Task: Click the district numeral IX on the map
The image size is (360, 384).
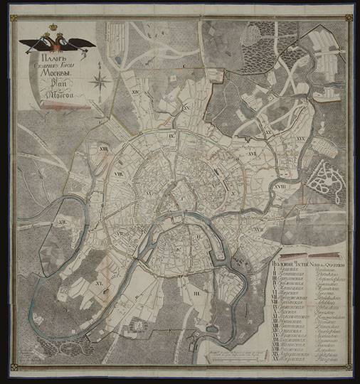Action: [171, 134]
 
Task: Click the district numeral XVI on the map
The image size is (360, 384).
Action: [253, 151]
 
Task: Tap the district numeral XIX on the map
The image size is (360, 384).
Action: [300, 133]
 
